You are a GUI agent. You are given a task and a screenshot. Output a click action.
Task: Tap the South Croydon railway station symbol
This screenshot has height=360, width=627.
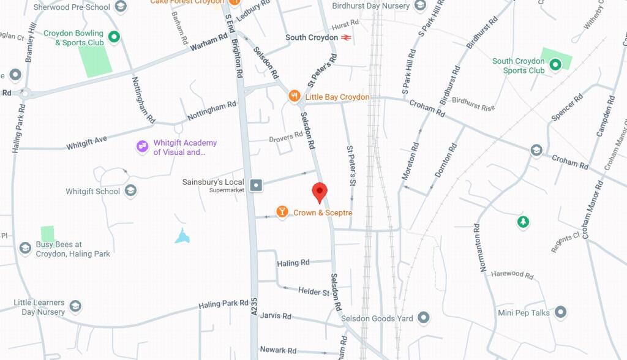(x=347, y=37)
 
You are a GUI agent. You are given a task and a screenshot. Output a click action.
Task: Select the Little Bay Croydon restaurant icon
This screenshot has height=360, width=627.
(x=295, y=96)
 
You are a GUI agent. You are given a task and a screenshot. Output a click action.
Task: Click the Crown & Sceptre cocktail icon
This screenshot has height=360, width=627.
(x=282, y=212)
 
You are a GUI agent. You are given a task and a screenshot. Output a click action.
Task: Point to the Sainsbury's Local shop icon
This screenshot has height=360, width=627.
(x=256, y=184)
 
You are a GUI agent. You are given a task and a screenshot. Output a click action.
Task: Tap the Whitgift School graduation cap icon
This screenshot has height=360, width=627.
(x=130, y=191)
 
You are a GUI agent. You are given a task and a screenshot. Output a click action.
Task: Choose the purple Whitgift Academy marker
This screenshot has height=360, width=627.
(x=142, y=146)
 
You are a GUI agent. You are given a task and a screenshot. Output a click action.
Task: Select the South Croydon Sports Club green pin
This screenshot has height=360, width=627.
(x=555, y=64)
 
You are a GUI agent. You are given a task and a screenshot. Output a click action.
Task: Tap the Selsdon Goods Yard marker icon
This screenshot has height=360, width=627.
(x=423, y=318)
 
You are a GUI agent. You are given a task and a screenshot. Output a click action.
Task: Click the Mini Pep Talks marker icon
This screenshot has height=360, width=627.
(x=560, y=312)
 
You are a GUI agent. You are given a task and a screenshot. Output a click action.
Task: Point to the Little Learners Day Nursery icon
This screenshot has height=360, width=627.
(x=75, y=306)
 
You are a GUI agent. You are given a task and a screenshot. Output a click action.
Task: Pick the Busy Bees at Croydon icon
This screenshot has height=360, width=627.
(x=25, y=248)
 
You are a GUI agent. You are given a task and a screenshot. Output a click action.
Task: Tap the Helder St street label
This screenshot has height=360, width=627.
(x=313, y=291)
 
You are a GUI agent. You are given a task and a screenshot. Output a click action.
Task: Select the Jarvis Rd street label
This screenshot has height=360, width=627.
(x=276, y=316)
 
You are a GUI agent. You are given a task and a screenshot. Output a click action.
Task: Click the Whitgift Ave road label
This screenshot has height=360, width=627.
(x=86, y=143)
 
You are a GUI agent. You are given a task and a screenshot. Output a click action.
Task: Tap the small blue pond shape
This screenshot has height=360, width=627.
(x=182, y=236)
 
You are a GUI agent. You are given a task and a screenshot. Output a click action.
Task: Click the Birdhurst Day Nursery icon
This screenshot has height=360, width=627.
(x=420, y=6)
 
